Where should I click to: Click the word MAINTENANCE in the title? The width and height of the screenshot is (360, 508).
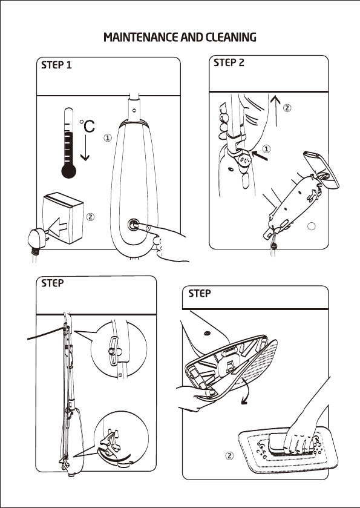pyautogui.click(x=141, y=38)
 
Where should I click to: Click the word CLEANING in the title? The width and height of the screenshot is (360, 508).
pyautogui.click(x=231, y=38)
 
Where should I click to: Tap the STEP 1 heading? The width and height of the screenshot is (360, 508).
pyautogui.click(x=56, y=65)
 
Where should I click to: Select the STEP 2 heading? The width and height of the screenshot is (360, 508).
pyautogui.click(x=229, y=62)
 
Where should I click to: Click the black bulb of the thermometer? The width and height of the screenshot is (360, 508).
pyautogui.click(x=68, y=171)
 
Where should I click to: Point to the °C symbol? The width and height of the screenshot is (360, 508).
pyautogui.click(x=87, y=126)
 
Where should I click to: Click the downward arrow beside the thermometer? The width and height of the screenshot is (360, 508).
pyautogui.click(x=85, y=148)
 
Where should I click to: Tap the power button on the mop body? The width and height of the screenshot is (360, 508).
pyautogui.click(x=133, y=225)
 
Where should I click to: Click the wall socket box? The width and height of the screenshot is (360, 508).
pyautogui.click(x=63, y=218)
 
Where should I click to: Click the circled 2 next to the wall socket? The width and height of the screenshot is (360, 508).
pyautogui.click(x=91, y=217)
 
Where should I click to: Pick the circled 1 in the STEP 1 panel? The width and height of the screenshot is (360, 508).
pyautogui.click(x=108, y=137)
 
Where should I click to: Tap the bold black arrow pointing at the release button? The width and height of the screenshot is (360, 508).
pyautogui.click(x=260, y=155)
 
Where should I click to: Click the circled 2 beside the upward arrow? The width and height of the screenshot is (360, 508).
pyautogui.click(x=287, y=108)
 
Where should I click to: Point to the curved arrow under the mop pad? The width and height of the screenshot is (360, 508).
pyautogui.click(x=246, y=391)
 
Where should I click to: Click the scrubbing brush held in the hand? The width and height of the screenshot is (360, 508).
pyautogui.click(x=290, y=443)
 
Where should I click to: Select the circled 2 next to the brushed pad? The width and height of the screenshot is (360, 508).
pyautogui.click(x=229, y=455)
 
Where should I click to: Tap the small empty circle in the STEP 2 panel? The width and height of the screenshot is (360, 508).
pyautogui.click(x=311, y=226)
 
